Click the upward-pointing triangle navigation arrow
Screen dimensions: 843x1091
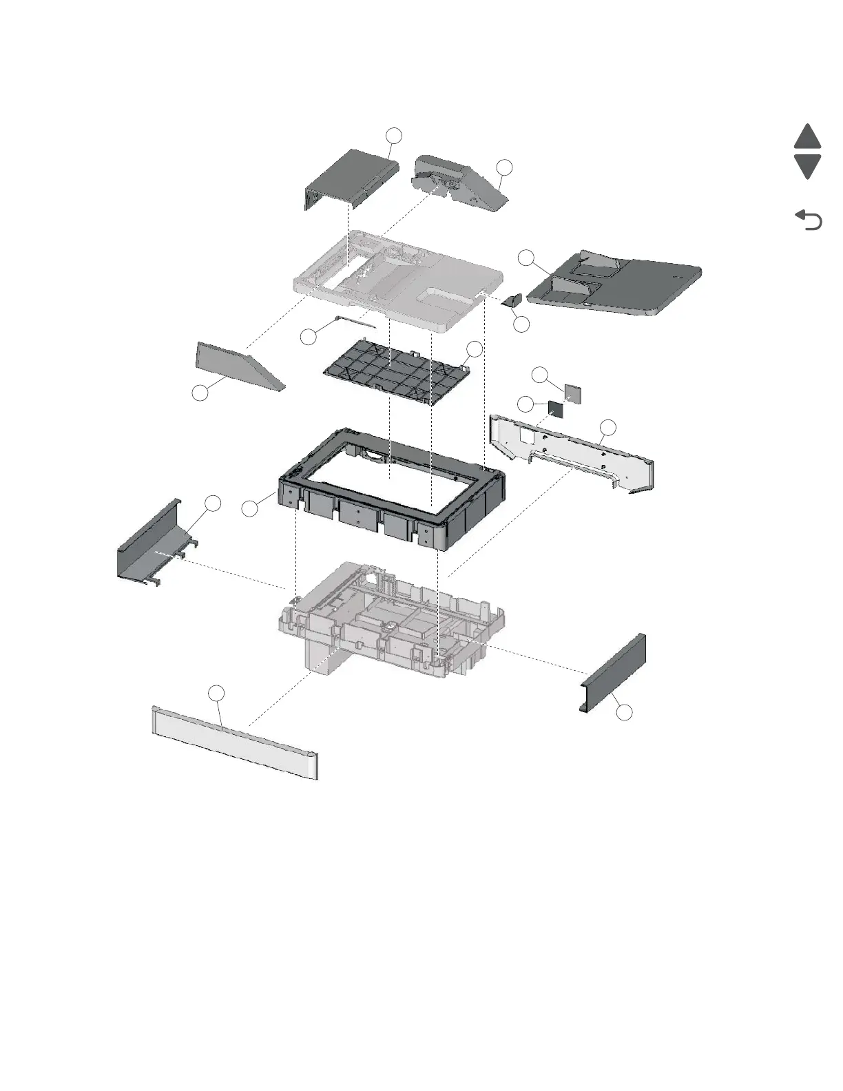click(807, 137)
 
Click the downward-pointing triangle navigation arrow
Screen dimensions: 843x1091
click(807, 167)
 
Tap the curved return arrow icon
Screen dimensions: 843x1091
click(809, 220)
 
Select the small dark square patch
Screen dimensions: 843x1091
click(556, 409)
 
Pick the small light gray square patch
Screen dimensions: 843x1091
click(573, 393)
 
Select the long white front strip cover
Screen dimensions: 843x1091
click(234, 742)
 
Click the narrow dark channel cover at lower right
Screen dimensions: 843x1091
click(613, 675)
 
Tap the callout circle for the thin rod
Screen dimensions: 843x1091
click(309, 337)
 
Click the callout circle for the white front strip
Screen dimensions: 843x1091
click(217, 694)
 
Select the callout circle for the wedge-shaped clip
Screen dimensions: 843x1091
click(522, 324)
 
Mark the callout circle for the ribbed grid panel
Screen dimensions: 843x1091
click(475, 349)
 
